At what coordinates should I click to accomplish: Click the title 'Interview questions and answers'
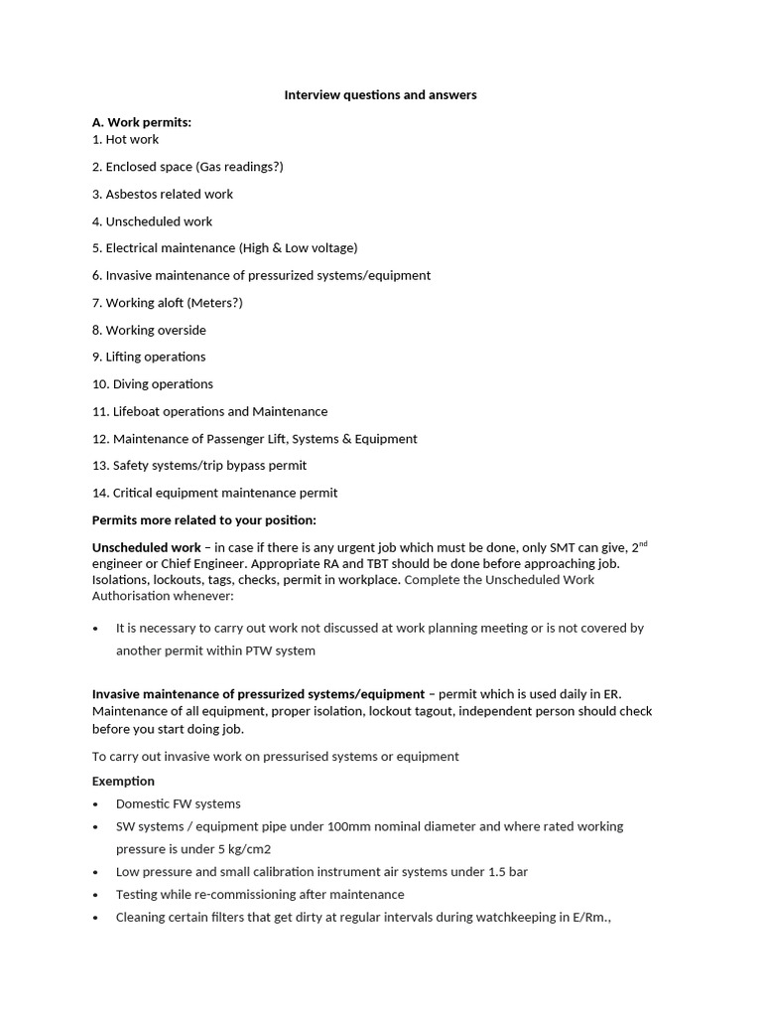[x=380, y=95]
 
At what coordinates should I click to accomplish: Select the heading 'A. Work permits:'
[x=142, y=122]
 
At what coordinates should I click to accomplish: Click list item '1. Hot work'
[x=125, y=139]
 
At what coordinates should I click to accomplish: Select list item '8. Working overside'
[x=149, y=330]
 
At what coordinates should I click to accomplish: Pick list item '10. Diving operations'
[x=153, y=384]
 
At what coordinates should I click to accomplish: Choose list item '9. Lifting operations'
[x=149, y=357]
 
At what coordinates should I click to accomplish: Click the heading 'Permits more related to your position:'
[x=204, y=520]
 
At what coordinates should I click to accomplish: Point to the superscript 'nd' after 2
[x=643, y=543]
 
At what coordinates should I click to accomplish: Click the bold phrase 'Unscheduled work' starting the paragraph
[x=147, y=548]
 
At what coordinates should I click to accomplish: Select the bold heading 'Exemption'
[x=123, y=782]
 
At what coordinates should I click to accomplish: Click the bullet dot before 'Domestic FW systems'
[x=95, y=804]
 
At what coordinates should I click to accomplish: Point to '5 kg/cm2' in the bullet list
[x=244, y=849]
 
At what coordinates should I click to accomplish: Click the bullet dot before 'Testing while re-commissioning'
[x=95, y=895]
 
